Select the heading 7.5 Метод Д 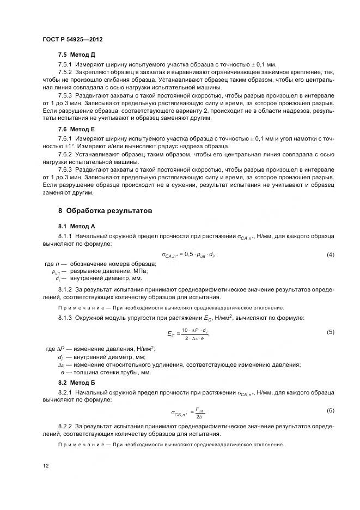[x=77, y=56]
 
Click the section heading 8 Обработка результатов [x=105, y=210]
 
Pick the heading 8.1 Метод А [x=77, y=225]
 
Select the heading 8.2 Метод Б [x=77, y=382]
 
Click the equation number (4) [x=330, y=254]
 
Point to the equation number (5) [x=330, y=332]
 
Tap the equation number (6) [x=330, y=410]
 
